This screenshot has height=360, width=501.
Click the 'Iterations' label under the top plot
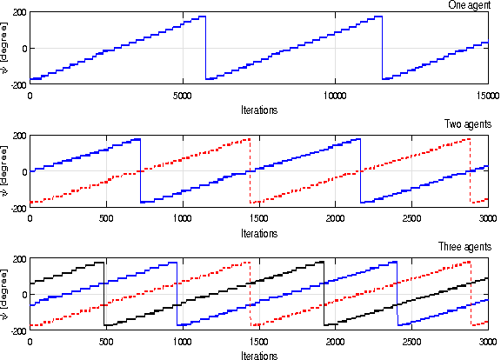[258, 110]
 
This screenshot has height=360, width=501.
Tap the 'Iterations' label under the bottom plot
[258, 355]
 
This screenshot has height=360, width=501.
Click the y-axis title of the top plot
[5, 48]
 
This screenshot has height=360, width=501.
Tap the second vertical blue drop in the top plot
[382, 48]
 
